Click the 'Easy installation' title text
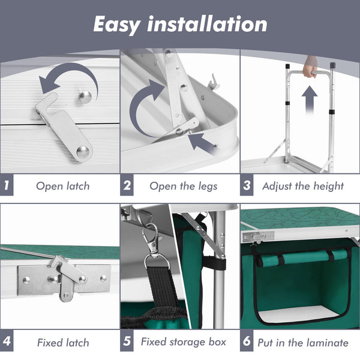pyautogui.click(x=180, y=25)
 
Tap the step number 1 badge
pyautogui.click(x=7, y=185)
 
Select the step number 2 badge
pyautogui.click(x=127, y=185)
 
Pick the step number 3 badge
pyautogui.click(x=247, y=185)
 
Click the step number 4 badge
pyautogui.click(x=7, y=341)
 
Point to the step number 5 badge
pyautogui.click(x=127, y=341)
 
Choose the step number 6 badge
pyautogui.click(x=247, y=341)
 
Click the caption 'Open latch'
pyautogui.click(x=63, y=186)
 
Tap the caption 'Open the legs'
pyautogui.click(x=184, y=186)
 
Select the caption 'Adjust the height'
pyautogui.click(x=303, y=186)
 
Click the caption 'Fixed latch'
pyautogui.click(x=63, y=343)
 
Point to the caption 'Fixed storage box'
pyautogui.click(x=184, y=342)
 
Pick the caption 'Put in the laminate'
pyautogui.click(x=303, y=343)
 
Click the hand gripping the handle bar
pyautogui.click(x=310, y=68)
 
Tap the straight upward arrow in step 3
pyautogui.click(x=310, y=100)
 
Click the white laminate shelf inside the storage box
pyautogui.click(x=298, y=313)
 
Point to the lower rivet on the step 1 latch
pyautogui.click(x=83, y=152)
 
